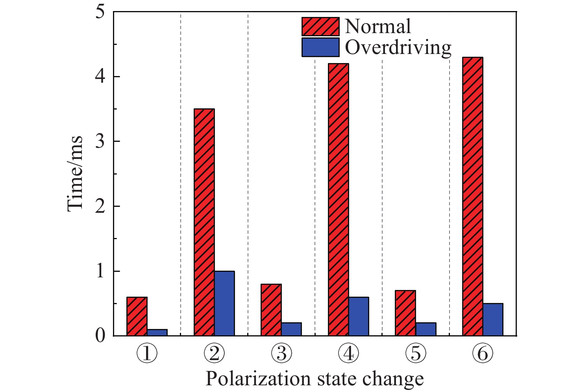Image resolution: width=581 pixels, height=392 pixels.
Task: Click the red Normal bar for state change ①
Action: tap(137, 316)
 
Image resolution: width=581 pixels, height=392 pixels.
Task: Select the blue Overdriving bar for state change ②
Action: tap(224, 303)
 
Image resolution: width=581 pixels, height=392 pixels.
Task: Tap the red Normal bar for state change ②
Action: tap(204, 222)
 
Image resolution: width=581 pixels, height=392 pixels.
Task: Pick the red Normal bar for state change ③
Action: tap(271, 310)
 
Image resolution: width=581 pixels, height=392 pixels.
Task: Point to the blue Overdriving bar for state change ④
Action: tap(359, 316)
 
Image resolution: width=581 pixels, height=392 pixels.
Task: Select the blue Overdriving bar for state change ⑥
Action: tap(493, 320)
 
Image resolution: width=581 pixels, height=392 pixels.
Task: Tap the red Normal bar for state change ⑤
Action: tap(405, 313)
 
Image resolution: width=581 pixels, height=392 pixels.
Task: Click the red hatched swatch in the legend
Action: tap(320, 27)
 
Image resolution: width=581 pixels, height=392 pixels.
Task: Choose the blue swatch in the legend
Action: tap(320, 47)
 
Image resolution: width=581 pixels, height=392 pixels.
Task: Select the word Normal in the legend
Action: tap(378, 27)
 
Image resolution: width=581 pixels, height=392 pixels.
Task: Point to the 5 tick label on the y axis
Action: tap(100, 12)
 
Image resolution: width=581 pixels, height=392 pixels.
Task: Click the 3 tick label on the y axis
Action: tap(100, 141)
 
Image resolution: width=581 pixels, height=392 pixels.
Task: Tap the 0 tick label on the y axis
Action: tap(100, 336)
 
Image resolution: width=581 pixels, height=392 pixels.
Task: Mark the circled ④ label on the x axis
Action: tap(348, 354)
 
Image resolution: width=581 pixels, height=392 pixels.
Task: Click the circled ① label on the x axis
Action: tap(147, 354)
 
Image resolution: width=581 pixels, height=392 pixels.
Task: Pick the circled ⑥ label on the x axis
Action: tap(483, 354)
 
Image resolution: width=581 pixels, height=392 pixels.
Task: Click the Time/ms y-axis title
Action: tap(75, 173)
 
